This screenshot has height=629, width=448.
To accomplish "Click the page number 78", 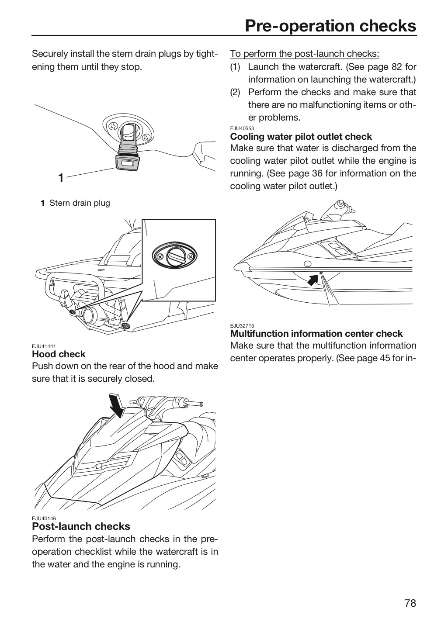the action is click(410, 603).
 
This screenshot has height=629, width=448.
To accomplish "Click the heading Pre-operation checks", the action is click(330, 26).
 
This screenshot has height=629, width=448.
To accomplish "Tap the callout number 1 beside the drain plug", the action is click(61, 178).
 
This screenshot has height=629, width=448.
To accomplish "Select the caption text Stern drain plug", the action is click(80, 203).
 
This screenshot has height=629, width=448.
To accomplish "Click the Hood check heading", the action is click(59, 354).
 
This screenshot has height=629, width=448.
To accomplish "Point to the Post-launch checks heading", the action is click(81, 526).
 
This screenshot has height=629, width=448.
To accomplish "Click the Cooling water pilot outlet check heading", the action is click(301, 137).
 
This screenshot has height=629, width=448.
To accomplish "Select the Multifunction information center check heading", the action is click(316, 334).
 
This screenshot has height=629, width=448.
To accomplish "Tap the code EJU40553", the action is click(242, 128).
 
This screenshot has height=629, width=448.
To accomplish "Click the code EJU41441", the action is click(44, 346).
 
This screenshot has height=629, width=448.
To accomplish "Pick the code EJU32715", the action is click(242, 326).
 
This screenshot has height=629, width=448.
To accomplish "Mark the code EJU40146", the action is click(44, 518).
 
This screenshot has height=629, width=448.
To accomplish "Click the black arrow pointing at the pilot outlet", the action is click(313, 280).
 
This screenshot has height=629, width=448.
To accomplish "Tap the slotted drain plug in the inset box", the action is click(174, 256).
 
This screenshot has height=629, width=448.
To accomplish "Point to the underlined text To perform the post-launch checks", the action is click(305, 54).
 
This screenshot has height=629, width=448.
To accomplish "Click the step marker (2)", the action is click(235, 92).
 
